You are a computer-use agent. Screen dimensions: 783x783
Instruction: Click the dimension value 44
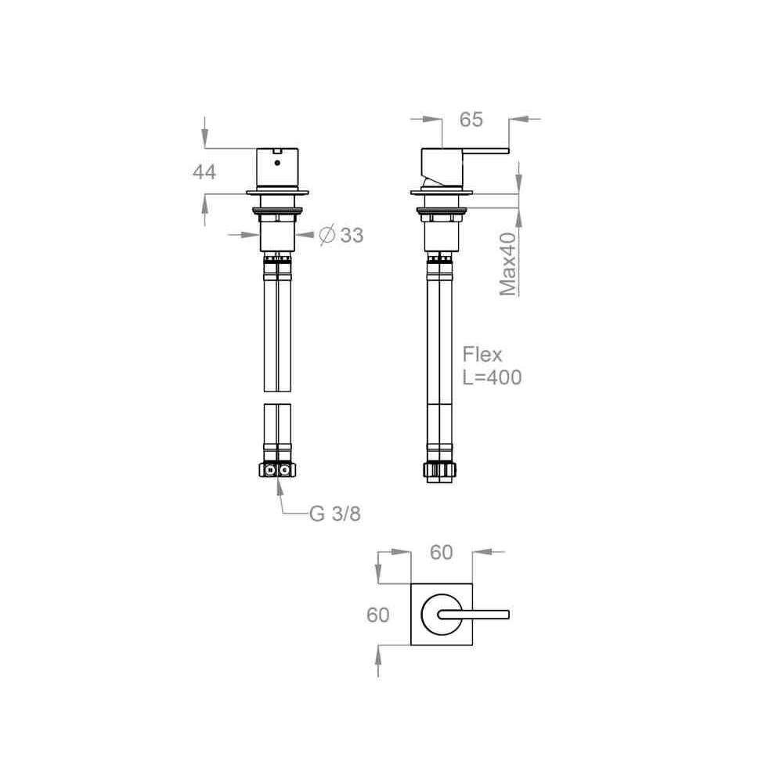pyautogui.click(x=204, y=171)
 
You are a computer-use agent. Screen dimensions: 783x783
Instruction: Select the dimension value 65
pyautogui.click(x=471, y=119)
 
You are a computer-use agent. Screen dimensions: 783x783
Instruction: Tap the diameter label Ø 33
pyautogui.click(x=341, y=235)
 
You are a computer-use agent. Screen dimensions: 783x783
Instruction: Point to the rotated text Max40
pyautogui.click(x=508, y=264)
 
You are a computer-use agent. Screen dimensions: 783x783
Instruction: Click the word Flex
pyautogui.click(x=482, y=355)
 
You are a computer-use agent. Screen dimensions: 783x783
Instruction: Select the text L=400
pyautogui.click(x=492, y=377)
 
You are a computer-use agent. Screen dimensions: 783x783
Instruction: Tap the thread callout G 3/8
pyautogui.click(x=334, y=514)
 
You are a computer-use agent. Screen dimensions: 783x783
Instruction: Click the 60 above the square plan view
pyautogui.click(x=442, y=552)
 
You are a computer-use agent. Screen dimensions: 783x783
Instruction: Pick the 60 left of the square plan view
pyautogui.click(x=378, y=615)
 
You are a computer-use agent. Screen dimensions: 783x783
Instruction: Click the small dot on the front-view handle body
pyautogui.click(x=277, y=163)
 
